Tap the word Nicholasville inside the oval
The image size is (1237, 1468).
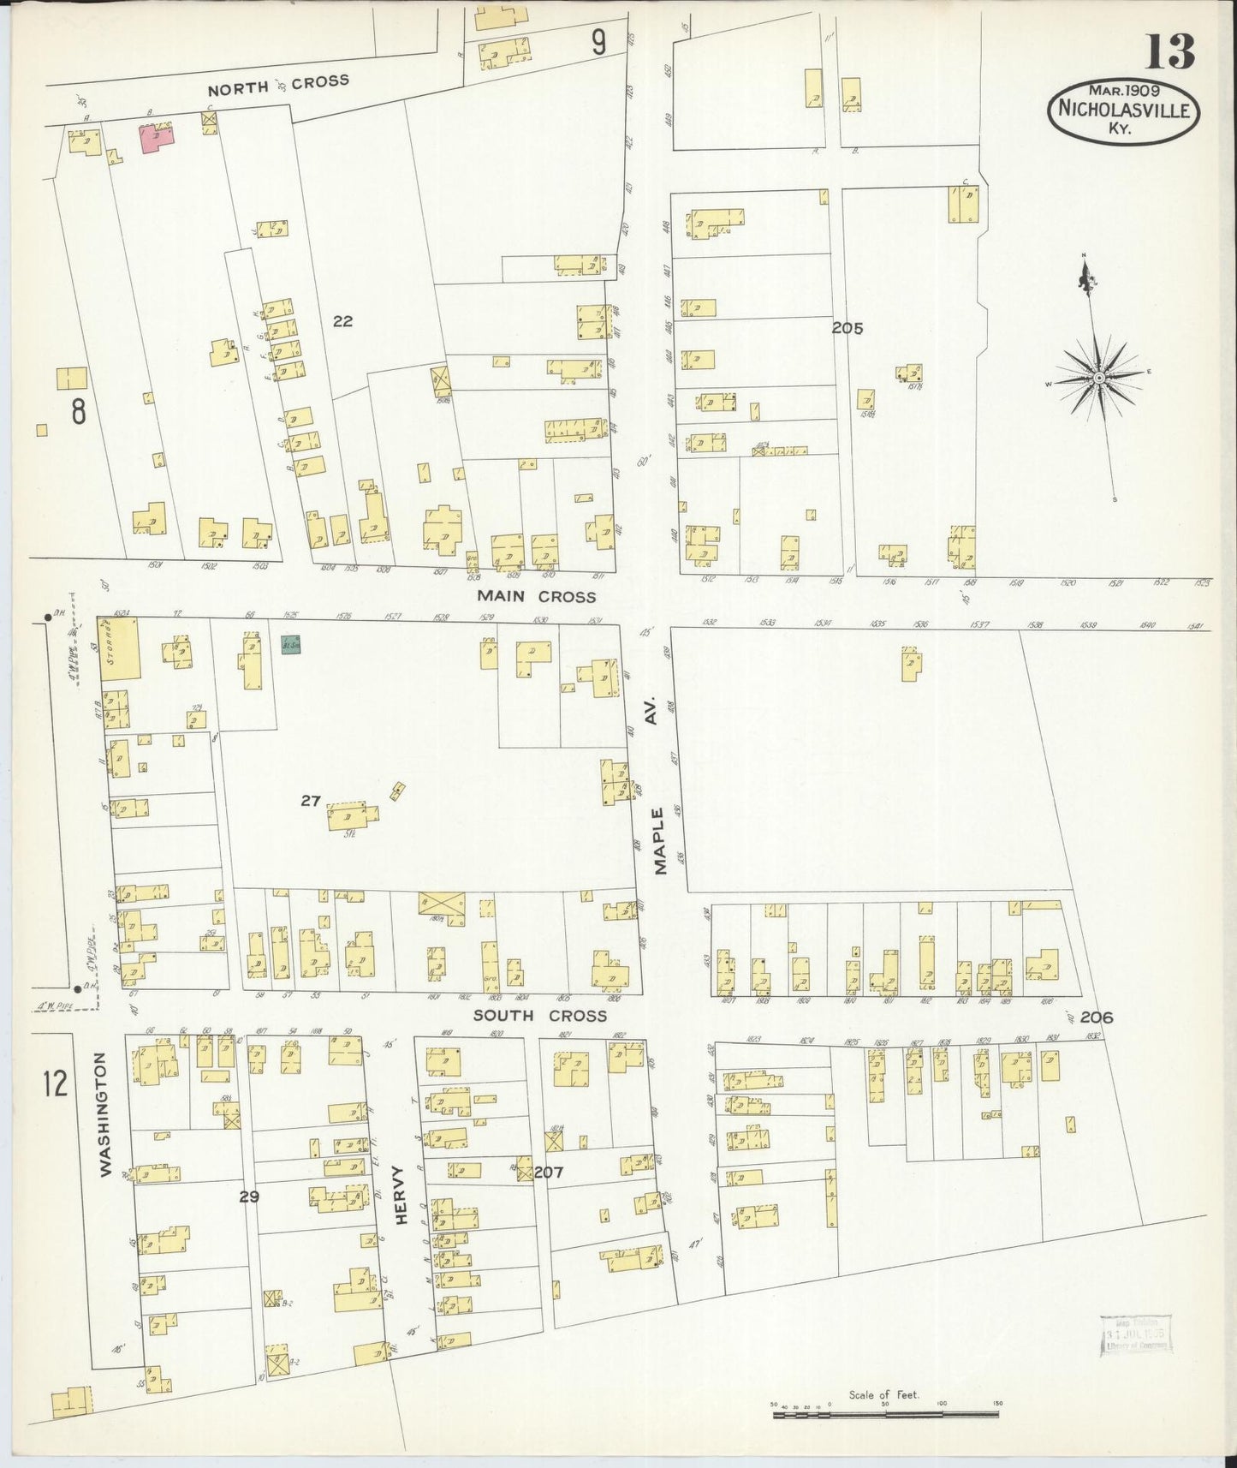(1123, 110)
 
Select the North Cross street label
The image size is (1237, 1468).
(278, 84)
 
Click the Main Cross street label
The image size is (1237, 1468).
(536, 596)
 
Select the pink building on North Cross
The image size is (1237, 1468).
(157, 138)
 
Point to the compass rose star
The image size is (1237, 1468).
(1098, 378)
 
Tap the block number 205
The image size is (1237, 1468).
(847, 328)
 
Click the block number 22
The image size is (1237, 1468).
(342, 321)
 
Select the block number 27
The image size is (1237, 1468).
(310, 801)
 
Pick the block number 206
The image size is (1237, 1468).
(1096, 1017)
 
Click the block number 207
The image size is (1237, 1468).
(549, 1172)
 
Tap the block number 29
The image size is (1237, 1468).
(249, 1196)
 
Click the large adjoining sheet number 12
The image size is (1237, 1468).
(55, 1083)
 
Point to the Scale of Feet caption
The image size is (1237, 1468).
(883, 1394)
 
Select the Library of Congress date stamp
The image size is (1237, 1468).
(1135, 1334)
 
